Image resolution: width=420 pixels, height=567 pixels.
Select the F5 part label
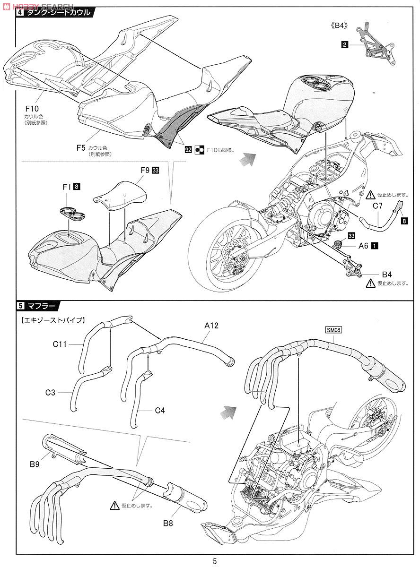(x=81, y=147)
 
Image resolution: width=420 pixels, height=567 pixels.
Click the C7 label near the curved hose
(x=377, y=206)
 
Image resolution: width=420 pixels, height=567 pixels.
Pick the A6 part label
(x=363, y=245)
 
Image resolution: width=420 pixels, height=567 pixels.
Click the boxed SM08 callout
(x=333, y=330)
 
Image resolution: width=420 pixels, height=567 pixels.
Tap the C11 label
(x=60, y=344)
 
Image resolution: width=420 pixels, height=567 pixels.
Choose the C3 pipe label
(x=50, y=393)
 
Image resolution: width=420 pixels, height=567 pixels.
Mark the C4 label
(x=160, y=411)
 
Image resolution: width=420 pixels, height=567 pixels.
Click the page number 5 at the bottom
(x=215, y=561)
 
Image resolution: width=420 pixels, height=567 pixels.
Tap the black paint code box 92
(x=188, y=149)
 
